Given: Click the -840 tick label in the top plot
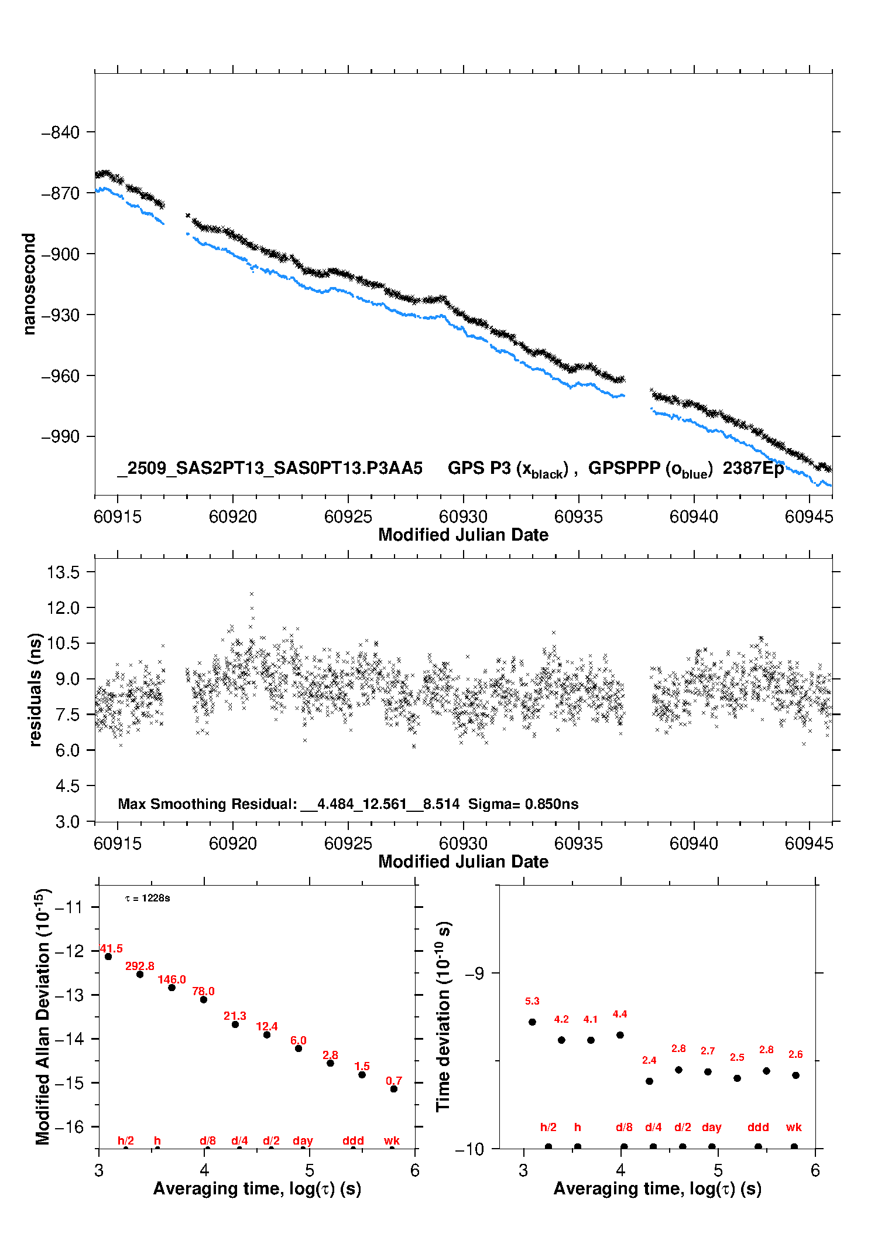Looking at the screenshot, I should (x=60, y=132).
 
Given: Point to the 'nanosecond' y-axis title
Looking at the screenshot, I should (x=29, y=284).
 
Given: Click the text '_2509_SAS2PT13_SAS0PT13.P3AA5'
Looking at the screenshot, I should (x=270, y=468).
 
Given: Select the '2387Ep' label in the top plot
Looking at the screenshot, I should (x=753, y=468).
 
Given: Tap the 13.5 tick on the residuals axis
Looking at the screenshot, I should (x=63, y=572).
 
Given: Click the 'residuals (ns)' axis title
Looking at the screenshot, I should (x=35, y=689).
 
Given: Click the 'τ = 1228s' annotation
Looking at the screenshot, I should (x=148, y=898).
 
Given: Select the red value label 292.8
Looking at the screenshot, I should (x=140, y=966).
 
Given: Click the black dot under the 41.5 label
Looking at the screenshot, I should (x=108, y=957).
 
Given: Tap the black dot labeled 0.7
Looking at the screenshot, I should (x=394, y=1089).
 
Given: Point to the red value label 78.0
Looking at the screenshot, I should (x=203, y=991).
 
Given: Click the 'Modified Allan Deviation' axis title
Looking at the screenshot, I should (x=43, y=1016).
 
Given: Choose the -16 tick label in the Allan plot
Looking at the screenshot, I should (x=69, y=1126).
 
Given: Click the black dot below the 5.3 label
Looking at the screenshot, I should (x=532, y=1022).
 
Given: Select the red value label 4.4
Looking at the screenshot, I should (x=620, y=1014).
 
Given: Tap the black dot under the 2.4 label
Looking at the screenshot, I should (x=649, y=1081).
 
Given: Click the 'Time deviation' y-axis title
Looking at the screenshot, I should (x=443, y=1016).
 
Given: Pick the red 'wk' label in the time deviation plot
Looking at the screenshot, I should (x=794, y=1127).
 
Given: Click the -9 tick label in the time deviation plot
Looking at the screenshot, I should (x=475, y=973).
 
